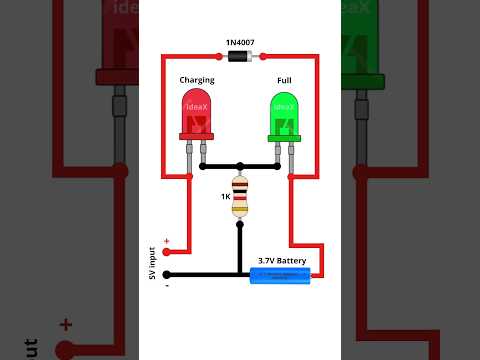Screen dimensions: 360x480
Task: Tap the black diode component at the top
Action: point(240,57)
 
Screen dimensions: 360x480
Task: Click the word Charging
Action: point(197,80)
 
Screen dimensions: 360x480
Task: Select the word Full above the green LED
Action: point(284,80)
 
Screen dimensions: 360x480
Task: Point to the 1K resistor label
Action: point(226,196)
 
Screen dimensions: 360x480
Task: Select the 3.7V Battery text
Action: point(282,260)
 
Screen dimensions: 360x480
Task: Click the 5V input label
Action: point(152,263)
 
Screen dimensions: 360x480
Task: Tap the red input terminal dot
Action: point(166,252)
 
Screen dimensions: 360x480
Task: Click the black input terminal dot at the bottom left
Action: point(166,274)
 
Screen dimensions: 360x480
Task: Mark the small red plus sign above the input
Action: point(166,240)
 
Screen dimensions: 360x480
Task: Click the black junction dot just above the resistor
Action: point(240,165)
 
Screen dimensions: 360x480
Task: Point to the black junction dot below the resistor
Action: point(240,225)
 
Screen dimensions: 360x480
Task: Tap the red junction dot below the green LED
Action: point(291,177)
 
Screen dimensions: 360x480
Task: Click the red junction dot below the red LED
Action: point(189,177)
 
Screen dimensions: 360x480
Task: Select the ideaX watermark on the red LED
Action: point(197,105)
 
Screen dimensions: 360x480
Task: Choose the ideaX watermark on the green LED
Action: point(284,105)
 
